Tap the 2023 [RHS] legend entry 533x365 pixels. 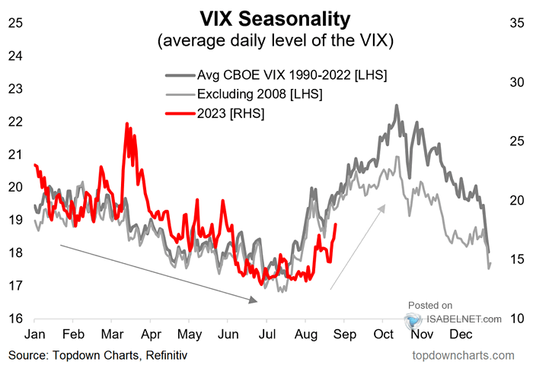coord(230,113)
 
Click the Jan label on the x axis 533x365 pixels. coord(35,335)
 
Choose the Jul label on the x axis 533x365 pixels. coord(267,335)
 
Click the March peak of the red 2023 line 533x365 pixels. coord(126,123)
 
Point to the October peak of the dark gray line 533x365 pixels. coord(397,106)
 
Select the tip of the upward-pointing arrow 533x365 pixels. coord(387,204)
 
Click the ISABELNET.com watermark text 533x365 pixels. coord(464,319)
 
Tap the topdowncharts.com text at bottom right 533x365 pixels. coord(463,355)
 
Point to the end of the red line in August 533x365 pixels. coord(336,224)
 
